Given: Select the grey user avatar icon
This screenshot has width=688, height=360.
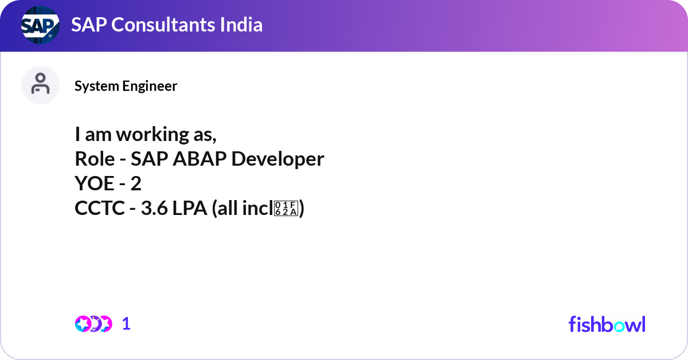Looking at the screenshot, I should pyautogui.click(x=40, y=85).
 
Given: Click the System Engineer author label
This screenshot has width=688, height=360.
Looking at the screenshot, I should pyautogui.click(x=126, y=86).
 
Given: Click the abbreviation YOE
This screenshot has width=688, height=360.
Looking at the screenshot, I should pyautogui.click(x=93, y=183).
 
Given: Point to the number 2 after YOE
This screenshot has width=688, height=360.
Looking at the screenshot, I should pyautogui.click(x=136, y=183).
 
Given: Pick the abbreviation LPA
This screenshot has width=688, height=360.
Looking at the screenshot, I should pyautogui.click(x=190, y=209).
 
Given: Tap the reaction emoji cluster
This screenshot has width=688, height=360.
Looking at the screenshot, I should pyautogui.click(x=93, y=324).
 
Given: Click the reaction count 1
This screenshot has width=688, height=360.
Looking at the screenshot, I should pyautogui.click(x=126, y=324).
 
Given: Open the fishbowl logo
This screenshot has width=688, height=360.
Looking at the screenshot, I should pyautogui.click(x=607, y=324).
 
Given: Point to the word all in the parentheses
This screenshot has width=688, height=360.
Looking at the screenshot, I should pyautogui.click(x=228, y=209).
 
